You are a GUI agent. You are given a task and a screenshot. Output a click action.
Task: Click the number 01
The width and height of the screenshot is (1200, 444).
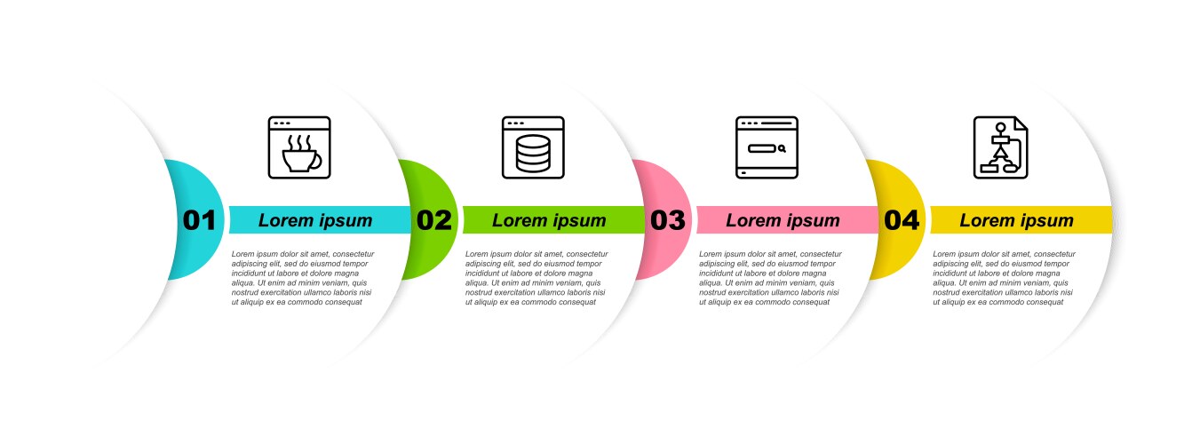point(199,220)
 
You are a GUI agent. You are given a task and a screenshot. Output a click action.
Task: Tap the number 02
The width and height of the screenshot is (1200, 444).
point(434,220)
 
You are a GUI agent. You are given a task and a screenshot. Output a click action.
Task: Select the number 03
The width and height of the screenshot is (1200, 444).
point(667,220)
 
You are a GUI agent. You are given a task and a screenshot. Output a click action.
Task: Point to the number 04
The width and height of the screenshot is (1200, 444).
point(902,220)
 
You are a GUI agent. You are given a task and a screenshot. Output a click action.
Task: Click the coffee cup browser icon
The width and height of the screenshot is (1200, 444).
point(299,147)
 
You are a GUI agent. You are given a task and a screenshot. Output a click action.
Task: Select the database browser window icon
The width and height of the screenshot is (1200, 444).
point(533,147)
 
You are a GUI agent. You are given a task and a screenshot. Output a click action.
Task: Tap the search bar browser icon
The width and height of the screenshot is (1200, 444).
point(767,147)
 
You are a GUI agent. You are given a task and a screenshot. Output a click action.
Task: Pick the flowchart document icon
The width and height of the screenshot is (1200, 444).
point(1001,147)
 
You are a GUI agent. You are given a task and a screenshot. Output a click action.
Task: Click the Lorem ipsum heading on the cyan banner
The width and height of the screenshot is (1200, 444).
point(315,220)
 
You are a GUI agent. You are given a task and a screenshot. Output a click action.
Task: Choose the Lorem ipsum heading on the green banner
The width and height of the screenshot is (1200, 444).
point(549,220)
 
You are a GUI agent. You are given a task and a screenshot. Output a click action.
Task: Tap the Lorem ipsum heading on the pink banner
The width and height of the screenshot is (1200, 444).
point(783,220)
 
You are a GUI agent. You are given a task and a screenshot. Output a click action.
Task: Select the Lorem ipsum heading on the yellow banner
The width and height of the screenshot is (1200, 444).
point(1016,220)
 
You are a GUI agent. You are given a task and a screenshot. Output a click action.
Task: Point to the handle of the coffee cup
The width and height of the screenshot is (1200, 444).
point(316,161)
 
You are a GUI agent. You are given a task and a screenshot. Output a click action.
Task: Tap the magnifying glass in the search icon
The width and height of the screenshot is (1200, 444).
point(783,149)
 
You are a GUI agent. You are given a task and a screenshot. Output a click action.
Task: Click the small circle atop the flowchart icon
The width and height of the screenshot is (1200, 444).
point(1001,128)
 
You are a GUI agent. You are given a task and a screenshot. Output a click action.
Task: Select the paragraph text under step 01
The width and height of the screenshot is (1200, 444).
point(303,278)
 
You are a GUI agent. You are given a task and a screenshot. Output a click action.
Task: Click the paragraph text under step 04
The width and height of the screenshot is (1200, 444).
point(1004,278)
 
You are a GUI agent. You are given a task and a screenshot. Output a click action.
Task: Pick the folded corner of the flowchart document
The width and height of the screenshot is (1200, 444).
point(1022,123)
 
